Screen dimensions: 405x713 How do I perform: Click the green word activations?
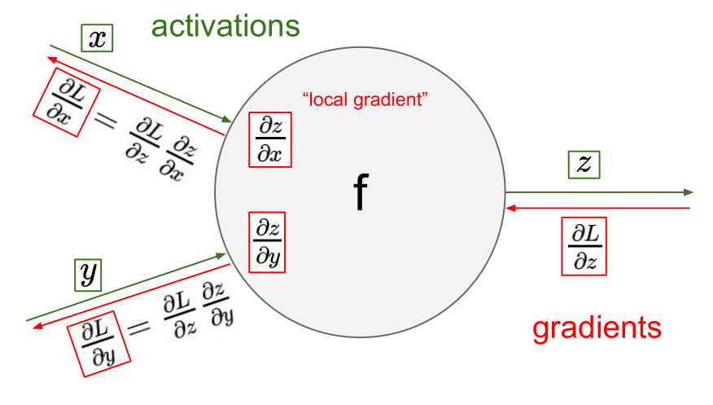tap(225, 26)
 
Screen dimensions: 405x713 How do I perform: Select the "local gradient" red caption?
tap(365, 100)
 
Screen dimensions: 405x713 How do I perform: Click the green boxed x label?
tap(96, 39)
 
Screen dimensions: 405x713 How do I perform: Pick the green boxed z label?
tap(584, 165)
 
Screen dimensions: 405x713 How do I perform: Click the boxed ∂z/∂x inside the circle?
tap(269, 140)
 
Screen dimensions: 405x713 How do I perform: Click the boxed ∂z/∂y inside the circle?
tap(269, 241)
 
